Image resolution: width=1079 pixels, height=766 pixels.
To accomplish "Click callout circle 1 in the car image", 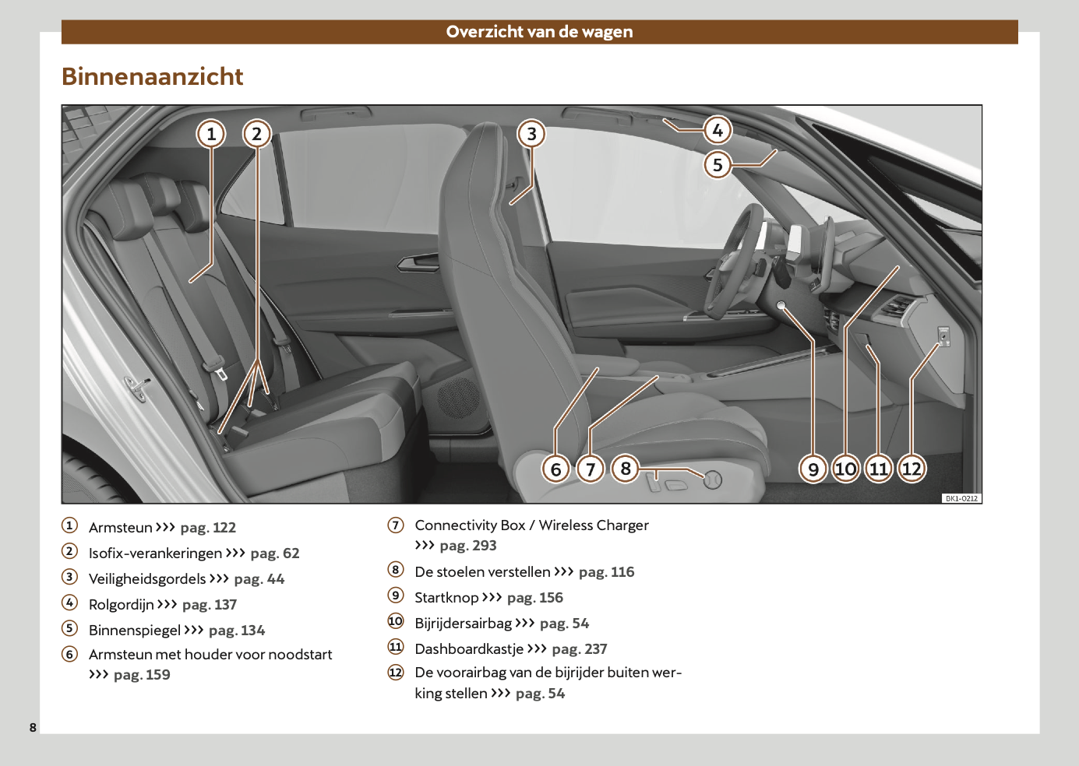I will (x=210, y=134).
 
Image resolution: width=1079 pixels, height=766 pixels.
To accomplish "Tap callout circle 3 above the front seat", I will (x=531, y=134).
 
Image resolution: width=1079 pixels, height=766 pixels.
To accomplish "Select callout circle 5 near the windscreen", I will (x=718, y=165).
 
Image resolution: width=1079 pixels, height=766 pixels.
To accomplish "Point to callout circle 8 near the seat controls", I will (x=626, y=469).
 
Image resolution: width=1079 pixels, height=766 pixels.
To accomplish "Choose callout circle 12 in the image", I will (x=912, y=469).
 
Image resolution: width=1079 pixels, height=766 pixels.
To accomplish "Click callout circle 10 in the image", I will (x=845, y=469).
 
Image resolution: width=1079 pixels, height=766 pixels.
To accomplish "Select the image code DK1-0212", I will (x=961, y=498).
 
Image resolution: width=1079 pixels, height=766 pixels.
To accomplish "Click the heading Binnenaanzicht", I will (x=153, y=76).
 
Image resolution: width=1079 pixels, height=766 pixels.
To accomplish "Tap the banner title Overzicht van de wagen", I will (x=539, y=32).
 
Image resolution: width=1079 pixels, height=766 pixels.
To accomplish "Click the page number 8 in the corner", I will (x=33, y=727).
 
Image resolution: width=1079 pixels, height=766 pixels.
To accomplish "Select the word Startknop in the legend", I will (x=446, y=598).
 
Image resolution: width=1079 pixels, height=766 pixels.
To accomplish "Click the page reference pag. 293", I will (x=468, y=546).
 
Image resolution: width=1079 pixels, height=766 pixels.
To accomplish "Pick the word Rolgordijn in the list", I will (x=122, y=605).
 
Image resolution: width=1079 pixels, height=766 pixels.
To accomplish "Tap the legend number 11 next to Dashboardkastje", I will (x=396, y=648).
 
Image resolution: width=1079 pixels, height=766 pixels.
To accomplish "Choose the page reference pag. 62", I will (x=275, y=553).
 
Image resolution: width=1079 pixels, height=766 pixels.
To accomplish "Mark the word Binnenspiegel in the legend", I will (x=135, y=631).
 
